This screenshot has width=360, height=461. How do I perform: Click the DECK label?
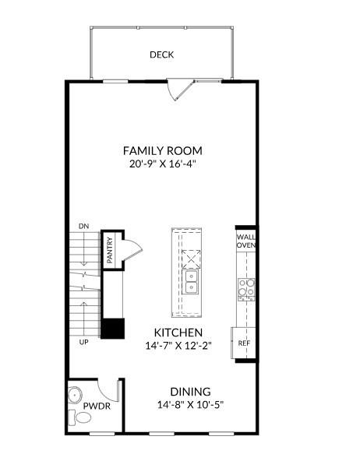tap(161, 55)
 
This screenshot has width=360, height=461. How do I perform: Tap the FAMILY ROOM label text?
tap(163, 150)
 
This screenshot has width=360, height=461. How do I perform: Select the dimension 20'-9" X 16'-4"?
tap(163, 164)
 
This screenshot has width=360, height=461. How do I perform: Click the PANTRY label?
tap(110, 252)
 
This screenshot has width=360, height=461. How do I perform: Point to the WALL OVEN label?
tap(246, 241)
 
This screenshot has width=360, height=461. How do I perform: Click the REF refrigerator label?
tap(244, 343)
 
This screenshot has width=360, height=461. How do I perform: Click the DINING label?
tap(190, 392)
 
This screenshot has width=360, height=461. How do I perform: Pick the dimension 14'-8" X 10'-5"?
tap(190, 405)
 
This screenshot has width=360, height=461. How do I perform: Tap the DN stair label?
tap(83, 226)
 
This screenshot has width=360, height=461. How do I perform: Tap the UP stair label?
tap(83, 342)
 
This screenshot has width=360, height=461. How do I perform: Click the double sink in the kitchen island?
tap(191, 278)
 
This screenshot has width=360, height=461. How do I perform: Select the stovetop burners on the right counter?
tap(246, 289)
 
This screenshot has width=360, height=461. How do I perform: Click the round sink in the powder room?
tap(76, 393)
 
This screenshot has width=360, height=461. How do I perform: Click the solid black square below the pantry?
tap(114, 327)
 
